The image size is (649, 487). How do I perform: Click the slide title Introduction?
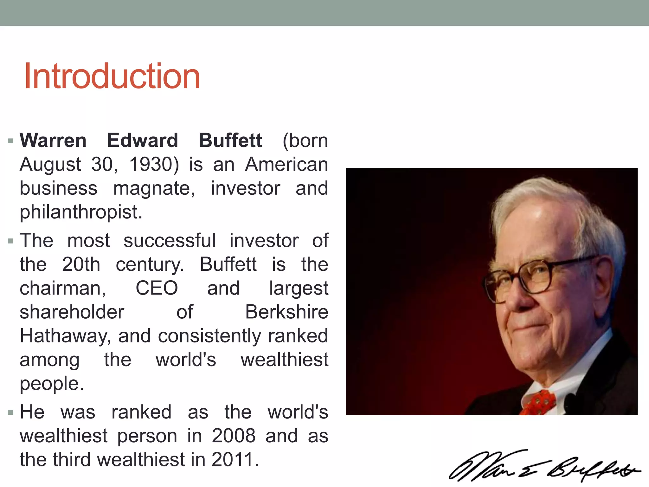pyautogui.click(x=112, y=76)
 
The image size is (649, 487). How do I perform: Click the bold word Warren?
pyautogui.click(x=53, y=140)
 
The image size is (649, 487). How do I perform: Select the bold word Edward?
pyautogui.click(x=143, y=140)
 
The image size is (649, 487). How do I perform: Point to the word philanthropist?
pyautogui.click(x=81, y=212)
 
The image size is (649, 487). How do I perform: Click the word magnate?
pyautogui.click(x=154, y=188)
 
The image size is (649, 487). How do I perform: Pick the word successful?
pyautogui.click(x=170, y=241)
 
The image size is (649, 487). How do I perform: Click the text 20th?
pyautogui.click(x=81, y=264)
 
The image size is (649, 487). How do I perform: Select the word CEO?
pyautogui.click(x=157, y=288)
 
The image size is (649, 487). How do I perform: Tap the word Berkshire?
pyautogui.click(x=286, y=312)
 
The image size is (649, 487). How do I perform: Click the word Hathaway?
pyautogui.click(x=65, y=336)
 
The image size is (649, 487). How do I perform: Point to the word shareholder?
pyautogui.click(x=72, y=312)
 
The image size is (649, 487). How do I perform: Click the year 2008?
pyautogui.click(x=234, y=436)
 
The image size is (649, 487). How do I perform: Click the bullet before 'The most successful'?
pyautogui.click(x=11, y=241)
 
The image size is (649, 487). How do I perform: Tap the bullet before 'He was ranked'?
pyautogui.click(x=11, y=413)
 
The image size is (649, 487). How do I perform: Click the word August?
pyautogui.click(x=50, y=165)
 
